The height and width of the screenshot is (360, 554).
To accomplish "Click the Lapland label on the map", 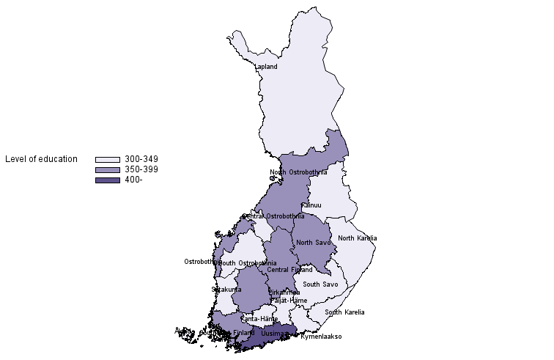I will (x=266, y=67).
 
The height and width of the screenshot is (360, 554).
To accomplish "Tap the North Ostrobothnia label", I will (x=298, y=173).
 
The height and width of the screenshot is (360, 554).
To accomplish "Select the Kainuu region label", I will (x=311, y=205).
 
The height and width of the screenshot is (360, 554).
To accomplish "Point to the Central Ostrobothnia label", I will (x=273, y=216).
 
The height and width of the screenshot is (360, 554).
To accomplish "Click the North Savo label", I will (x=314, y=243).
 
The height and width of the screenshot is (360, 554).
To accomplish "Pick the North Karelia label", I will (x=357, y=238).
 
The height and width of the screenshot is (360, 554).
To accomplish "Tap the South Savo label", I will (x=320, y=284).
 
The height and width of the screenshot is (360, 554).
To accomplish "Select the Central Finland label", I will (x=289, y=270).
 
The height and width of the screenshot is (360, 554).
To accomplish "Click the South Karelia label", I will (x=344, y=312).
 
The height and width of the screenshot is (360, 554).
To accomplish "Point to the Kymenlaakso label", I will (x=321, y=337).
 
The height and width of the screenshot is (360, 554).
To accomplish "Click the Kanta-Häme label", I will (x=259, y=319).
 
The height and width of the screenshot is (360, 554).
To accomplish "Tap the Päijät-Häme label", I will (x=288, y=301).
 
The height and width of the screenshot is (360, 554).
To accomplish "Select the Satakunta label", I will (x=226, y=290).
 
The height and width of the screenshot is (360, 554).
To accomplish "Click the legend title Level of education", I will (x=41, y=159).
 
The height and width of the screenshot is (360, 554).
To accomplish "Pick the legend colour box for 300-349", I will (x=107, y=159).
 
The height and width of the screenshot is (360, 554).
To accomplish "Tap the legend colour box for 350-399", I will (x=107, y=169).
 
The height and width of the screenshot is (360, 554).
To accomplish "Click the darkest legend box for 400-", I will (x=107, y=180).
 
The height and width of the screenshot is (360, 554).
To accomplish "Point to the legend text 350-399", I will (x=141, y=169).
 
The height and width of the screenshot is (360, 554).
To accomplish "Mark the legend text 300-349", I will (x=141, y=159).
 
